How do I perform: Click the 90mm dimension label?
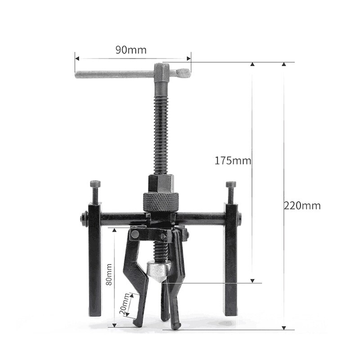(x=130, y=50)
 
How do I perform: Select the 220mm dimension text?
(x=302, y=206)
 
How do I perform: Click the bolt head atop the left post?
(x=95, y=184)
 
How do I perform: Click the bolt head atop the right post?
(x=231, y=184)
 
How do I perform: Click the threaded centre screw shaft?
(x=160, y=130)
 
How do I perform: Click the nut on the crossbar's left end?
(x=83, y=218)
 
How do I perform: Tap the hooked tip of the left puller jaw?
(x=136, y=323)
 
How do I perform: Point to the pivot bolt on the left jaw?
(x=135, y=234)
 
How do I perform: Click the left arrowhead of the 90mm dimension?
(x=77, y=58)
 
